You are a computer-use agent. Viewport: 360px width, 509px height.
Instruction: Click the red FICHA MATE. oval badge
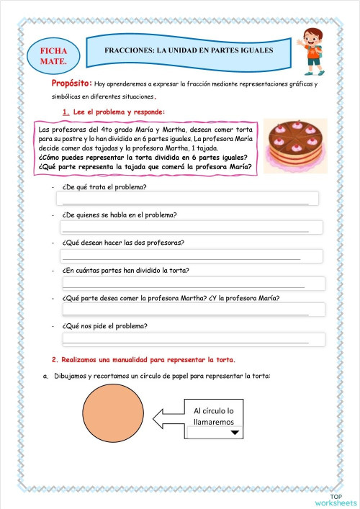pos(54,57)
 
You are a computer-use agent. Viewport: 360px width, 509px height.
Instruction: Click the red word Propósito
pos(70,84)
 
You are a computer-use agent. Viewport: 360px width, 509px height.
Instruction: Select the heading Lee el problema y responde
pos(118,112)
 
